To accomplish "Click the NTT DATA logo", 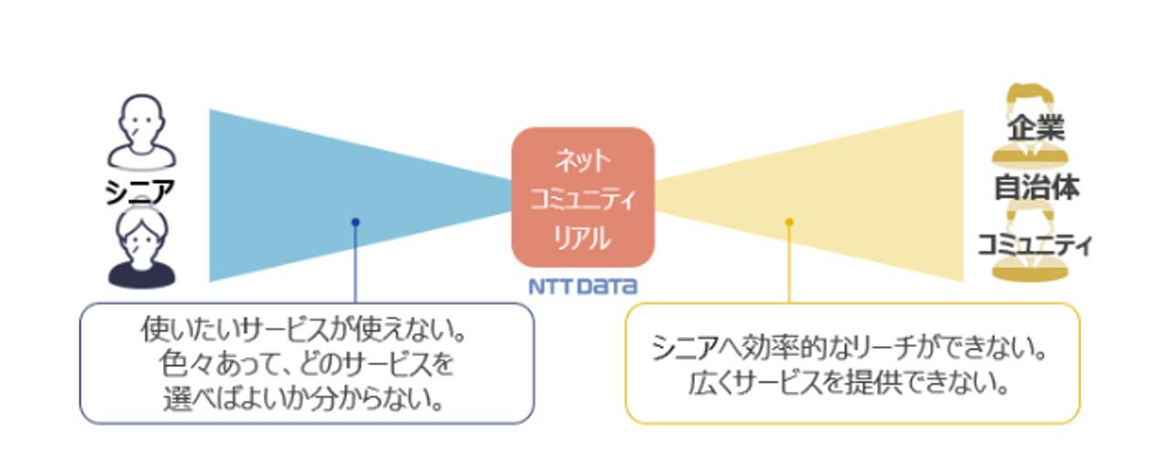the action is [583, 286].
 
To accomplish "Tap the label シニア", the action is [139, 191].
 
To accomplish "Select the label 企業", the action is [1035, 127].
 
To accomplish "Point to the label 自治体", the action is [1036, 188].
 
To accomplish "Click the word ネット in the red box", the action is [582, 160].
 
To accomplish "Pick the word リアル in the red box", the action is [582, 238].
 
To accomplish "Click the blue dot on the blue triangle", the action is [355, 222].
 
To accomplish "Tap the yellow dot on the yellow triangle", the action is [789, 222].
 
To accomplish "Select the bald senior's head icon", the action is [142, 132].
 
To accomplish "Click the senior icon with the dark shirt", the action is [142, 246].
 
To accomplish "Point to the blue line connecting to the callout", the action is [355, 263].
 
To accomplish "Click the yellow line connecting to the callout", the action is [789, 263].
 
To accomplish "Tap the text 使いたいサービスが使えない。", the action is [304, 330].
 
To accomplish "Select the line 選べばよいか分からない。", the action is [304, 398].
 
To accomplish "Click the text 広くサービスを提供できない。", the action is [849, 383].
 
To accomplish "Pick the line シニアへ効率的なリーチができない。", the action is [850, 347].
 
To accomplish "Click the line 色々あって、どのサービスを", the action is [307, 363].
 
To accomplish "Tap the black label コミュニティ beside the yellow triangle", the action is [1035, 244].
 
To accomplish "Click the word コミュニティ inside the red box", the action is [583, 199].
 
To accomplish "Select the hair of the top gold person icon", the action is [1030, 95].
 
